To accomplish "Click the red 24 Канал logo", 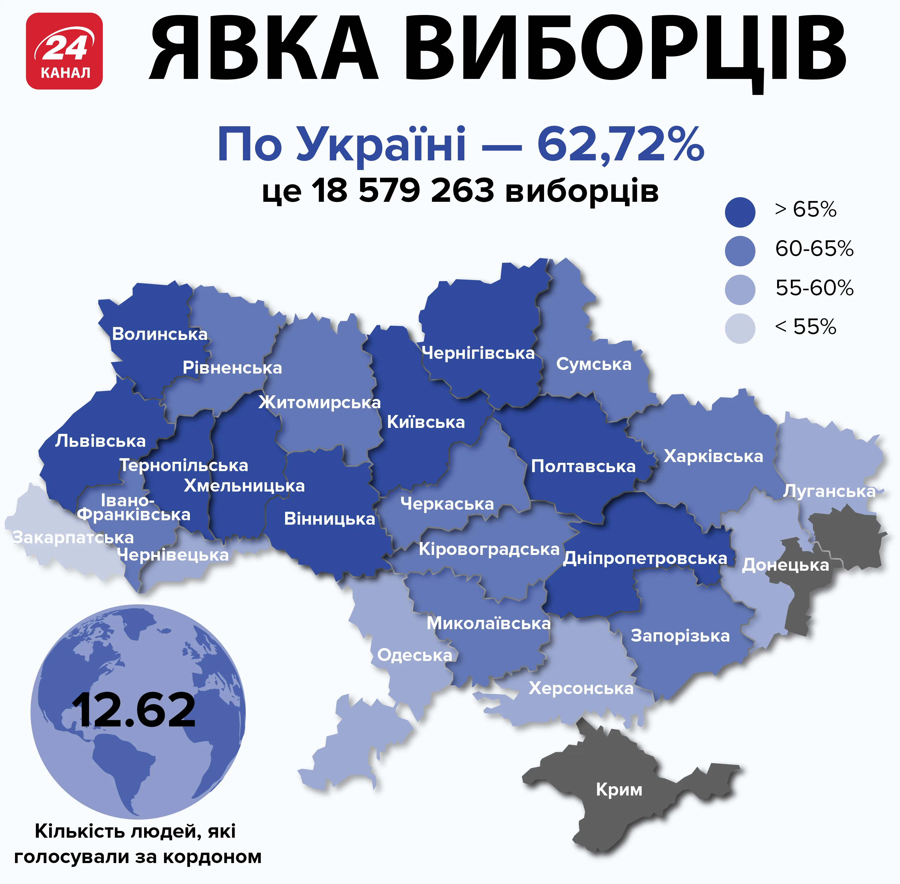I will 64,51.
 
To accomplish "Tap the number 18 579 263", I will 403,190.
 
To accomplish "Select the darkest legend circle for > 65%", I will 740,212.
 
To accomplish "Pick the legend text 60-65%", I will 814,249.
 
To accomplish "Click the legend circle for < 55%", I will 740,329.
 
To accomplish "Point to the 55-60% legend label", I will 814,288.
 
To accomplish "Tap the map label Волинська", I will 160,334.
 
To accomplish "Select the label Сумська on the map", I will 594,364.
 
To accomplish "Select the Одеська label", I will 414,655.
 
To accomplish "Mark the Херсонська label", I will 581,688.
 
